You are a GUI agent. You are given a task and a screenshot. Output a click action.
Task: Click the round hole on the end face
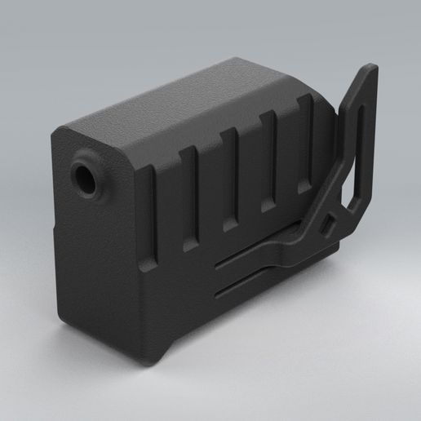[x=86, y=175]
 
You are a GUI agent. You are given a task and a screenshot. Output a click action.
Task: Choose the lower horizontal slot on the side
[x=245, y=282]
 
